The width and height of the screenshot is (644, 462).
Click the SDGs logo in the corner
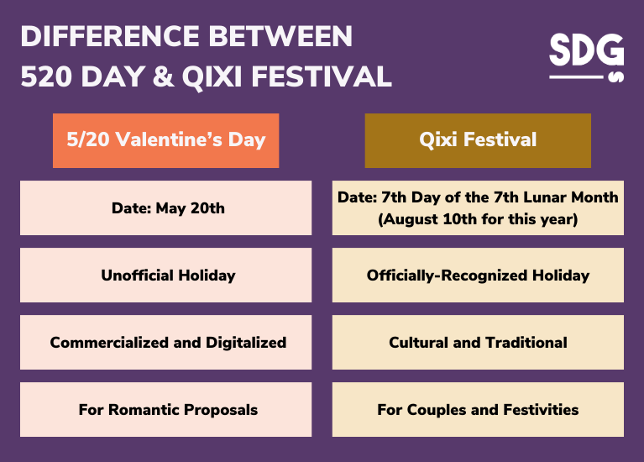[587, 57]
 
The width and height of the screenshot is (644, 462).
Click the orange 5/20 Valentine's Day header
[165, 140]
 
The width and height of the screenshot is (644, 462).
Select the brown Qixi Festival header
[478, 140]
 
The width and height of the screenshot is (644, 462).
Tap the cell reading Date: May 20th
[165, 207]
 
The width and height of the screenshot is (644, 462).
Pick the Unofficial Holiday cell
[165, 275]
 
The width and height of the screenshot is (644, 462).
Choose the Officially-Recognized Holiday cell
[478, 275]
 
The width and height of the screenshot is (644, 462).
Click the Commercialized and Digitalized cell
[165, 342]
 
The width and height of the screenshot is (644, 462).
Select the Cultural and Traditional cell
[478, 342]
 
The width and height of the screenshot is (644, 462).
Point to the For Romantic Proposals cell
[165, 410]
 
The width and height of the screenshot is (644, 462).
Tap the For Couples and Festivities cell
[478, 410]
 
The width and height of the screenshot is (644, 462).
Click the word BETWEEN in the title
[282, 37]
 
